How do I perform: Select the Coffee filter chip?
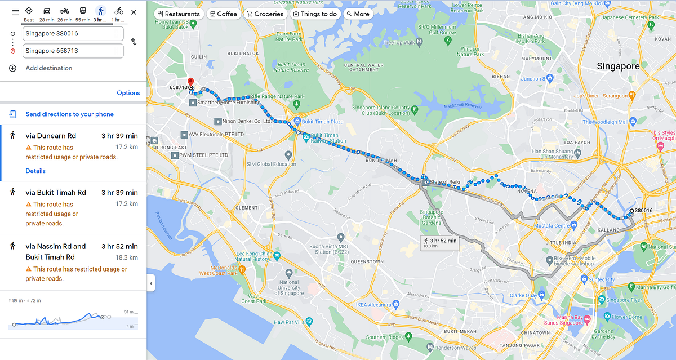pos(223,14)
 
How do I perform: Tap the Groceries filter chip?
pos(265,14)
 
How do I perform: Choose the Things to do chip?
pos(315,14)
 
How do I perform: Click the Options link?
pos(128,93)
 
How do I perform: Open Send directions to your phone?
pos(69,114)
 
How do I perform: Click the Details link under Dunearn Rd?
pos(35,171)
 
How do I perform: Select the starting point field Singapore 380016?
pos(73,34)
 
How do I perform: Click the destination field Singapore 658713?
pos(73,51)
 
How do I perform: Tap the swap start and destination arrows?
pos(134,42)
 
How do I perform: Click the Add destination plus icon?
pos(13,68)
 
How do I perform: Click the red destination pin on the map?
pos(190,82)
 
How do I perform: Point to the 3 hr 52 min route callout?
pos(439,243)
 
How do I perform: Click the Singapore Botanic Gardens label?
pos(432,216)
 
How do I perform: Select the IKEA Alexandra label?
pos(370,304)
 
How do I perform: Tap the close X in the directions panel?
pos(134,12)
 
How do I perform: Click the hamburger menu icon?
pos(15,12)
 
